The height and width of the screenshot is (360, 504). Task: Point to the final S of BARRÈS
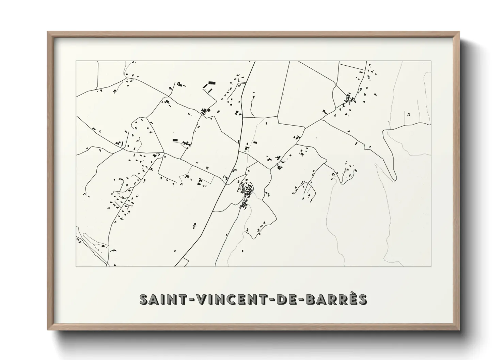point(362,299)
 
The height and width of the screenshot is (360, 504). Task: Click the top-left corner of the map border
point(76,61)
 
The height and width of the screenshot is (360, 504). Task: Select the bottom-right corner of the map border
point(431,266)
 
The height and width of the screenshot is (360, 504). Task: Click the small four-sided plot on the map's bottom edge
point(183,263)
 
